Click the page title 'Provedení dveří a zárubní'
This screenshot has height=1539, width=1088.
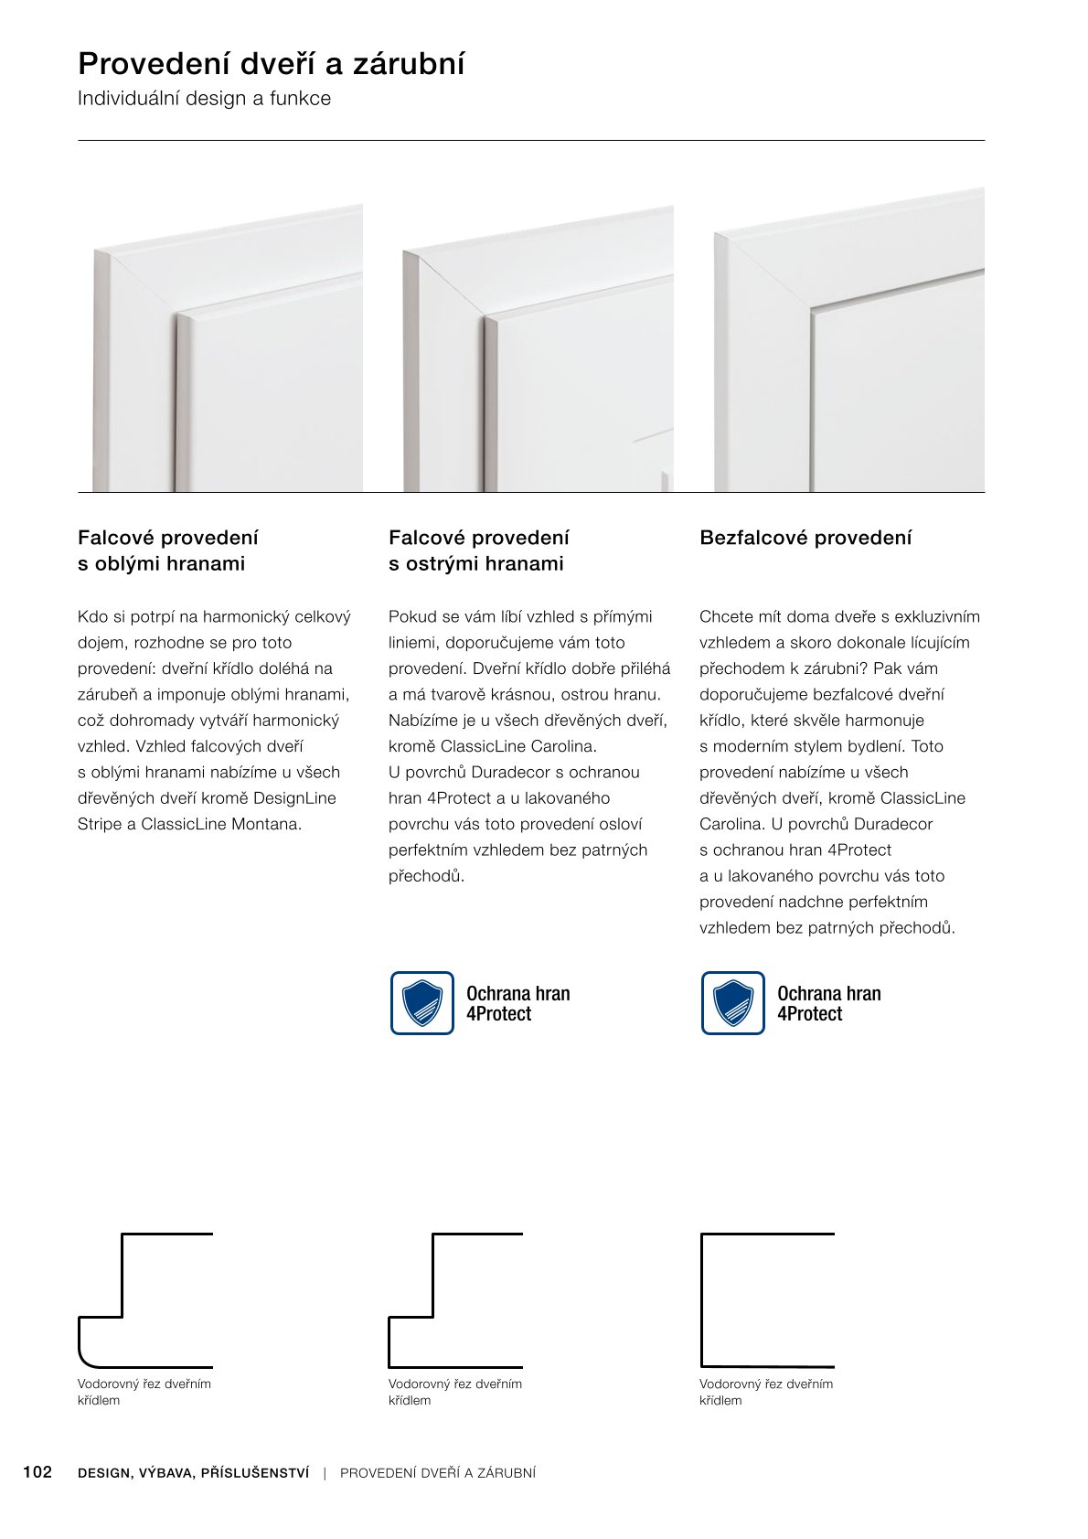(272, 64)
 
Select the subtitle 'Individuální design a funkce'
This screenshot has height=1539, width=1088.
(204, 99)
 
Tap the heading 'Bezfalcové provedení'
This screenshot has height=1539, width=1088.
(805, 538)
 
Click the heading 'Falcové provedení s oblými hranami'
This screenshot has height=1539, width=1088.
(168, 550)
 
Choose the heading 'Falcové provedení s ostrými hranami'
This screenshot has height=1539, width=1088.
(478, 550)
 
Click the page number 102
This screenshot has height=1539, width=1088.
(37, 1472)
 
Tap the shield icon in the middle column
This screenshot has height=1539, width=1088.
(422, 1003)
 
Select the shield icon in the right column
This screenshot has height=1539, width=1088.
(733, 1003)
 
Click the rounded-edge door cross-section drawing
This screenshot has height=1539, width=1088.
(144, 1299)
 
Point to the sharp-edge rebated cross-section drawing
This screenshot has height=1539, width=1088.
(455, 1299)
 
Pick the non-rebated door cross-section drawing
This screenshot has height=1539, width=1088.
(767, 1299)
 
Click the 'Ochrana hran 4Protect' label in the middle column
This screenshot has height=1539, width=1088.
(517, 1003)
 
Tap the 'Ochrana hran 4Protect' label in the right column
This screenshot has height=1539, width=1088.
(828, 1003)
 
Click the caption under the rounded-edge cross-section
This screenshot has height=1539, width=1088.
(144, 1392)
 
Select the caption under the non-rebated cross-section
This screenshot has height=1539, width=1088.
(765, 1392)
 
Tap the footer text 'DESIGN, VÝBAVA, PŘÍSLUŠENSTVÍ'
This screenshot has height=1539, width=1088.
(194, 1473)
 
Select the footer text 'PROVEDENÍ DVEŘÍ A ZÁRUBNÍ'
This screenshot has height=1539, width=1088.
(438, 1473)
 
